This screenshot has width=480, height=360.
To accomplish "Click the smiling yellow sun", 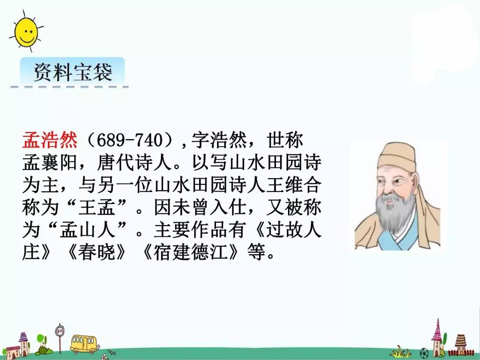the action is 27,31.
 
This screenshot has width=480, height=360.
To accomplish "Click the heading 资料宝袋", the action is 73,72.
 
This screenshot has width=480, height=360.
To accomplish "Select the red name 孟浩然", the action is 50,140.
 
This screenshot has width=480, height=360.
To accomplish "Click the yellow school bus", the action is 83,344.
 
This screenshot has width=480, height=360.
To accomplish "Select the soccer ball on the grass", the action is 424,353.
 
